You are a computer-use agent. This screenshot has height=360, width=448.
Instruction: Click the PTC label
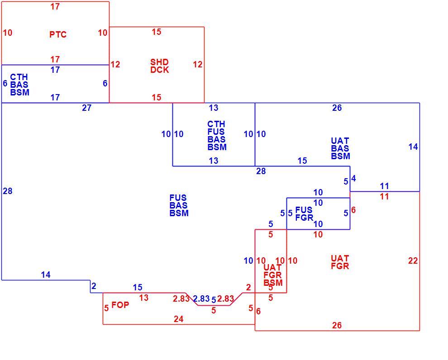58,34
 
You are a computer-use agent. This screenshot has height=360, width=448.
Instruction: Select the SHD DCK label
159,66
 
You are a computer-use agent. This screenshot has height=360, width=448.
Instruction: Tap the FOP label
120,305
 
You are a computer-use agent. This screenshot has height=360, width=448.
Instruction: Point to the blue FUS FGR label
304,214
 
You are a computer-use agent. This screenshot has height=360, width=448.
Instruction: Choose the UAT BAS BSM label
340,148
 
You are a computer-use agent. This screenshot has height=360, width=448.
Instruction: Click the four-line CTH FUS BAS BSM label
217,136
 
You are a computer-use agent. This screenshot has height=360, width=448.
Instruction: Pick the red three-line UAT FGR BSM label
273,275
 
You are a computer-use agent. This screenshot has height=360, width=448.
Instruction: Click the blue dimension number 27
86,108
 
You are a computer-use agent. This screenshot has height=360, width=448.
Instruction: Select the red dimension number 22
413,261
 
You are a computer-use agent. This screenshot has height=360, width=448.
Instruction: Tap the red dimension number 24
179,319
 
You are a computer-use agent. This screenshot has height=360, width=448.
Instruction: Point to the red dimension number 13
144,298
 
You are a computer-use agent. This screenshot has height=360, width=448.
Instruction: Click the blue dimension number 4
353,179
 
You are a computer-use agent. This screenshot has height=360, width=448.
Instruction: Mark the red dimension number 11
384,196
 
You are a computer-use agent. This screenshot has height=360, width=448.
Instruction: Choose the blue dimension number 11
384,186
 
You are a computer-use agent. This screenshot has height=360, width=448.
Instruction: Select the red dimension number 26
337,325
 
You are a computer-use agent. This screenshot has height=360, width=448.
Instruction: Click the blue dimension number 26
337,108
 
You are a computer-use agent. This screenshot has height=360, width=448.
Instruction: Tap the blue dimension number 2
94,286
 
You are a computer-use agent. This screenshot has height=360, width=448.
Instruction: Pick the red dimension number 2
248,288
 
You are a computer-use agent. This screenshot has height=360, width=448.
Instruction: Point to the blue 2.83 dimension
201,298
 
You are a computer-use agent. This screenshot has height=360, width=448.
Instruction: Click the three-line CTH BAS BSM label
20,85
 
